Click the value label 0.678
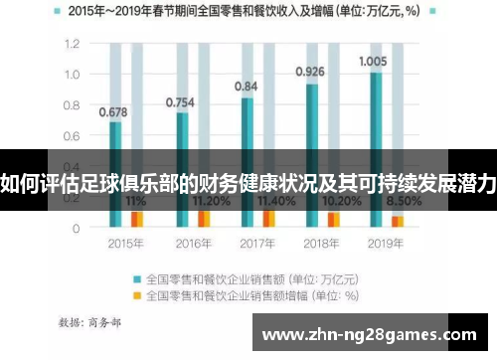pos(113,111)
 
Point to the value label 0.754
pos(180,101)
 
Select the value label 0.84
pos(247,87)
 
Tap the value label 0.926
pos(311,72)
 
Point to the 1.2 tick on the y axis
pos(71,45)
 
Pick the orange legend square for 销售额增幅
pos(137,295)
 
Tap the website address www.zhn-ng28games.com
pos(373,335)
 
